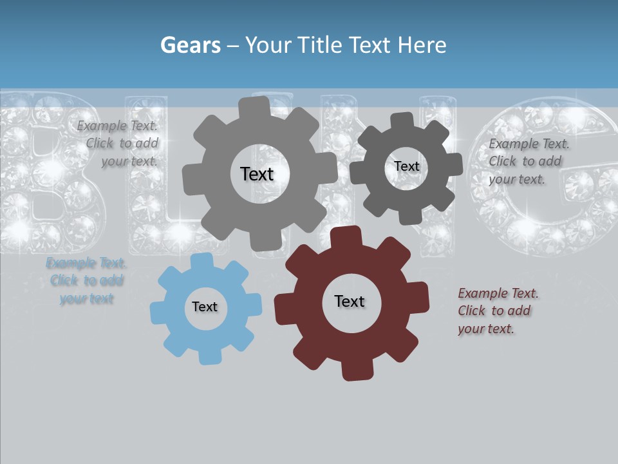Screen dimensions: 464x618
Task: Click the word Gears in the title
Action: click(x=190, y=45)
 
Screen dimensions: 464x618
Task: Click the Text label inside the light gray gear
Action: click(x=257, y=174)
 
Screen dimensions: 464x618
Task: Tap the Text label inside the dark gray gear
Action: click(x=407, y=166)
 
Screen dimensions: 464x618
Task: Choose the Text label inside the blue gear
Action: click(x=205, y=307)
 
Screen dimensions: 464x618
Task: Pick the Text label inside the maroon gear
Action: click(x=350, y=301)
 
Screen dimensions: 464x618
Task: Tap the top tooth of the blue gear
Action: click(x=201, y=262)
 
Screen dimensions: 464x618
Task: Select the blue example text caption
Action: click(x=86, y=280)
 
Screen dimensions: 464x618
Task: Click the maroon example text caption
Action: click(x=498, y=311)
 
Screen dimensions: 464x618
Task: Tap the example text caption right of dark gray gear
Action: click(x=529, y=161)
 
